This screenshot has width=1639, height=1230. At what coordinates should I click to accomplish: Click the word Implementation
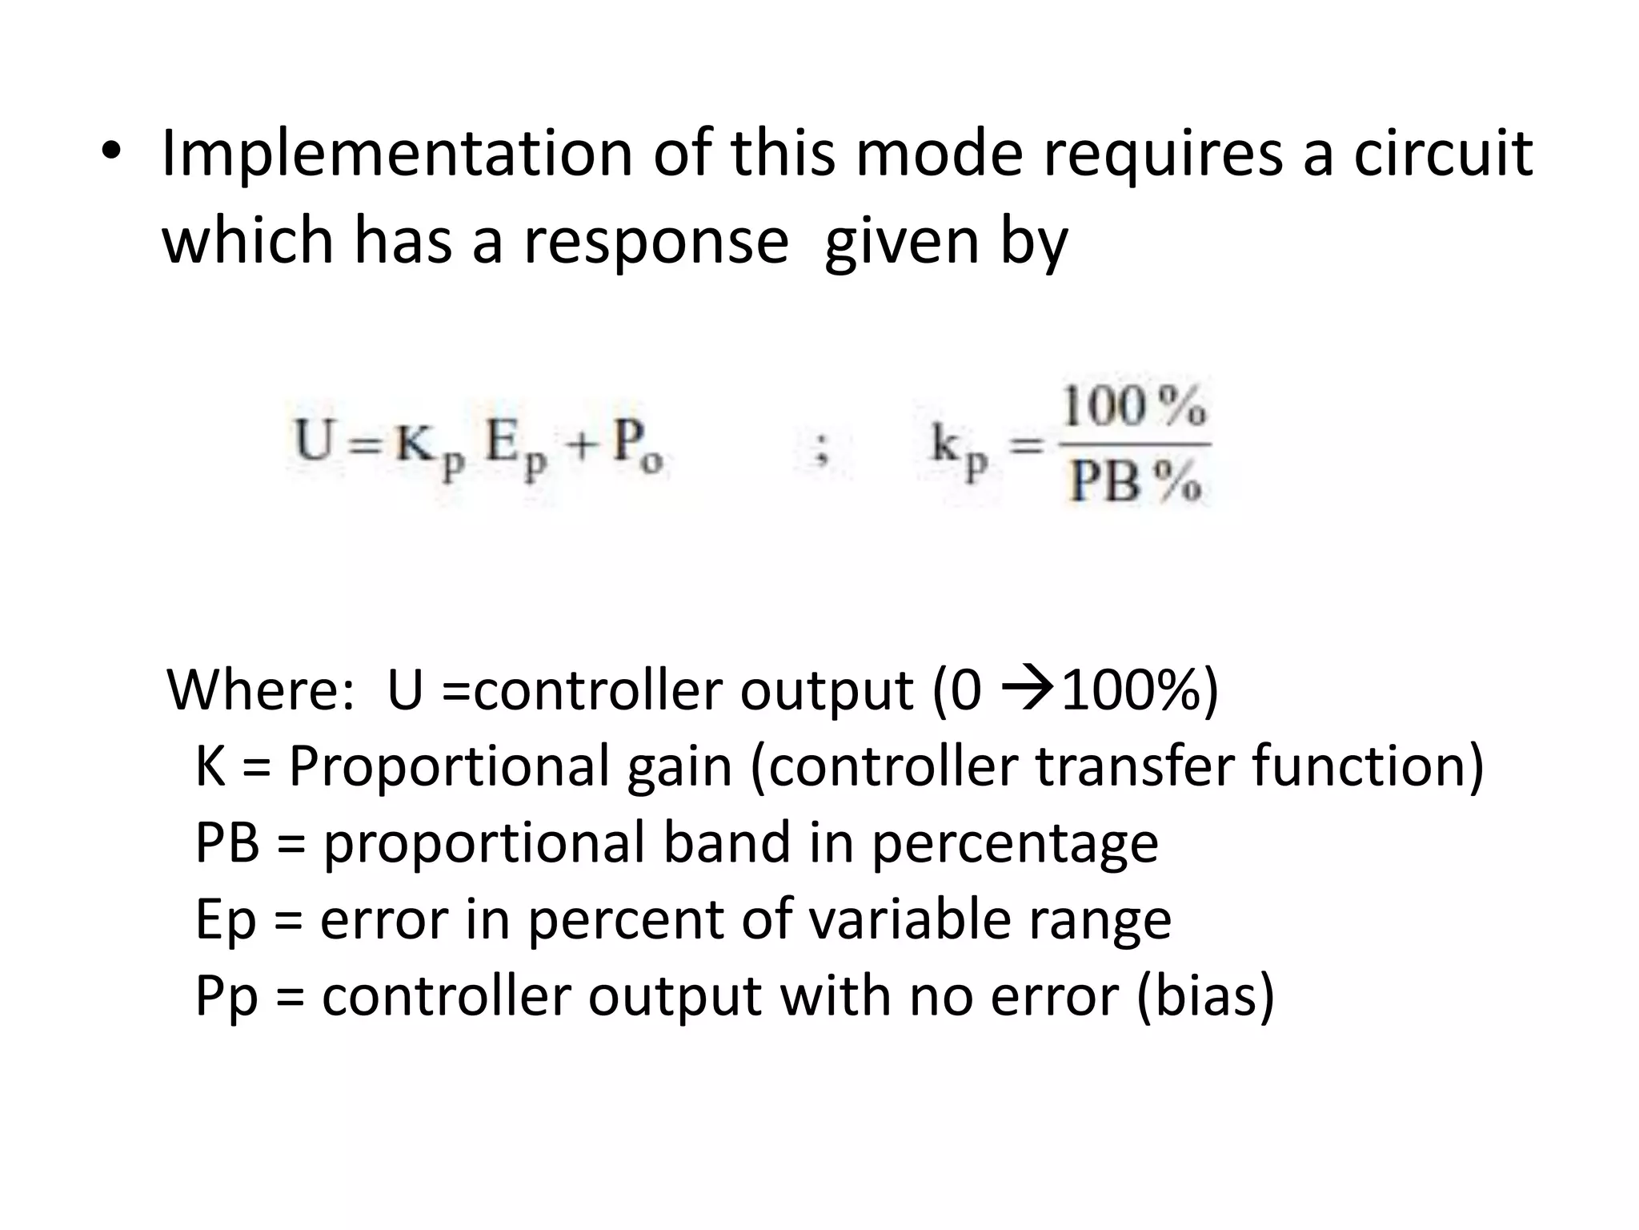[397, 154]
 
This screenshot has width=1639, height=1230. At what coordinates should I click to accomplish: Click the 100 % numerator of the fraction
[1133, 407]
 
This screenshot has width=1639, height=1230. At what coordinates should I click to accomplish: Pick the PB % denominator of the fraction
[1135, 482]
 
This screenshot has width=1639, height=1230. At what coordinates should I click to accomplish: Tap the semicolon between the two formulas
[819, 452]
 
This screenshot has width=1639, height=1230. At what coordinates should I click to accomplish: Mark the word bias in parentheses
[1205, 996]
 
